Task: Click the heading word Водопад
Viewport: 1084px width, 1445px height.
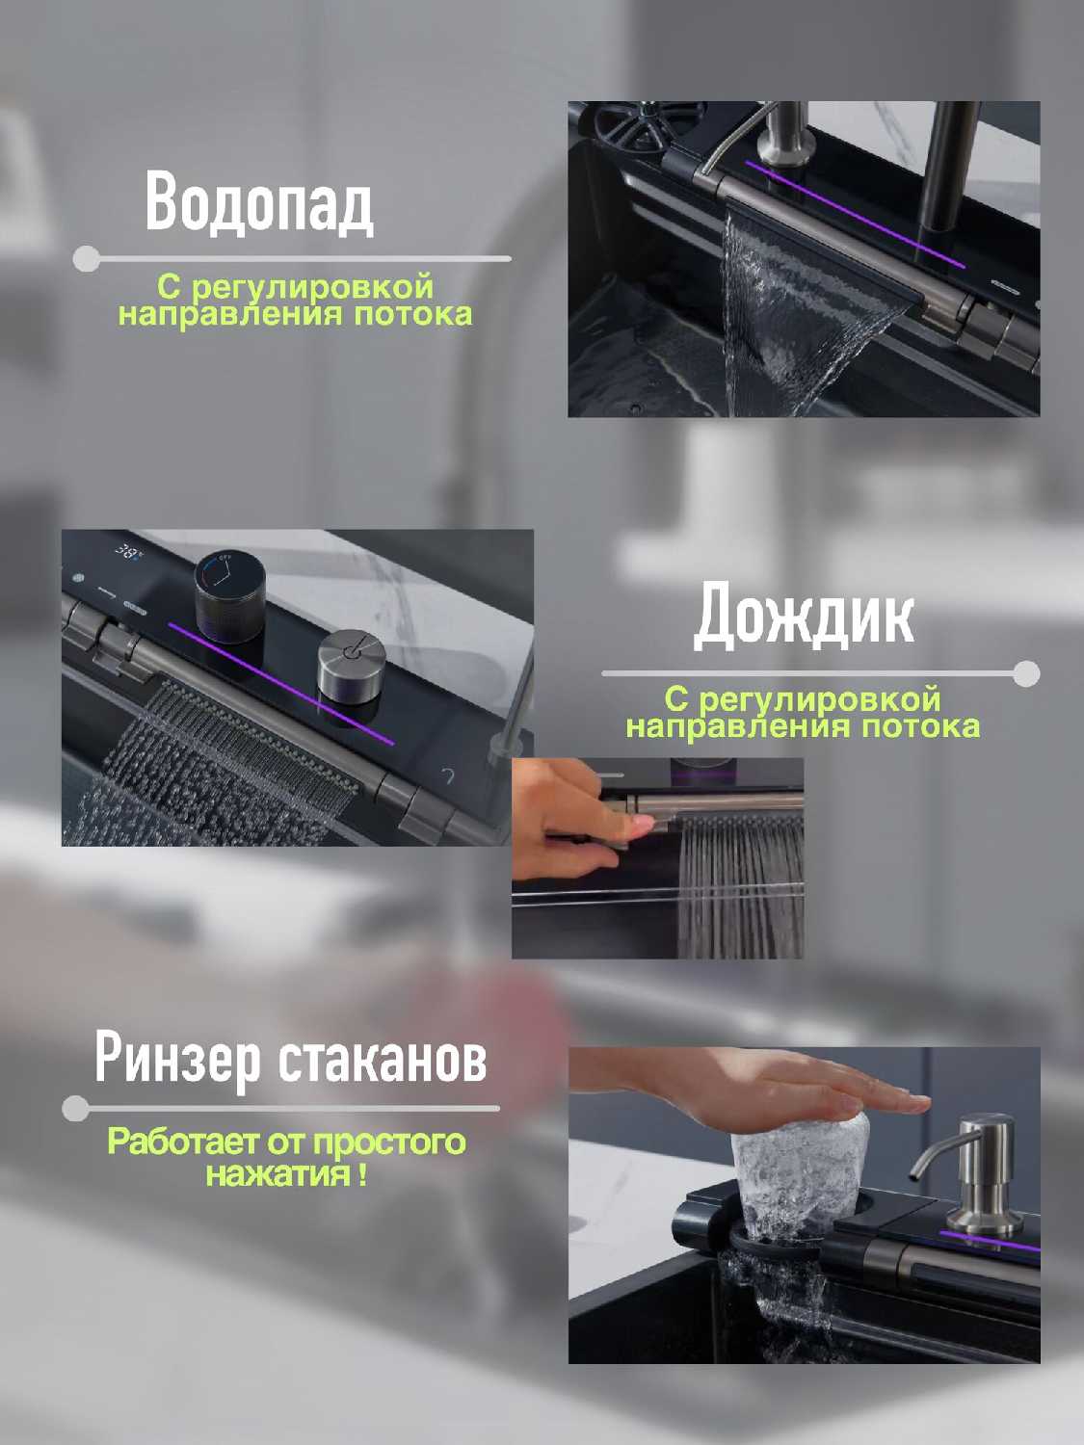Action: click(259, 202)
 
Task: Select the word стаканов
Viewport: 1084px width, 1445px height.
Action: click(383, 1060)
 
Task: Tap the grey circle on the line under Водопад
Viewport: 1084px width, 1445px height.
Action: click(86, 259)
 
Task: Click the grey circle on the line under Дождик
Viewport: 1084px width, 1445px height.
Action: click(1026, 673)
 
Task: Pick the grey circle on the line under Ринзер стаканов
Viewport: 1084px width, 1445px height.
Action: click(75, 1109)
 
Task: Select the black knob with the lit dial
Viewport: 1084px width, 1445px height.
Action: click(230, 597)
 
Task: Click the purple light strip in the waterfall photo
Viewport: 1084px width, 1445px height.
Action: click(856, 214)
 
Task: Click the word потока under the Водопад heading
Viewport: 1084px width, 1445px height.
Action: click(413, 315)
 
